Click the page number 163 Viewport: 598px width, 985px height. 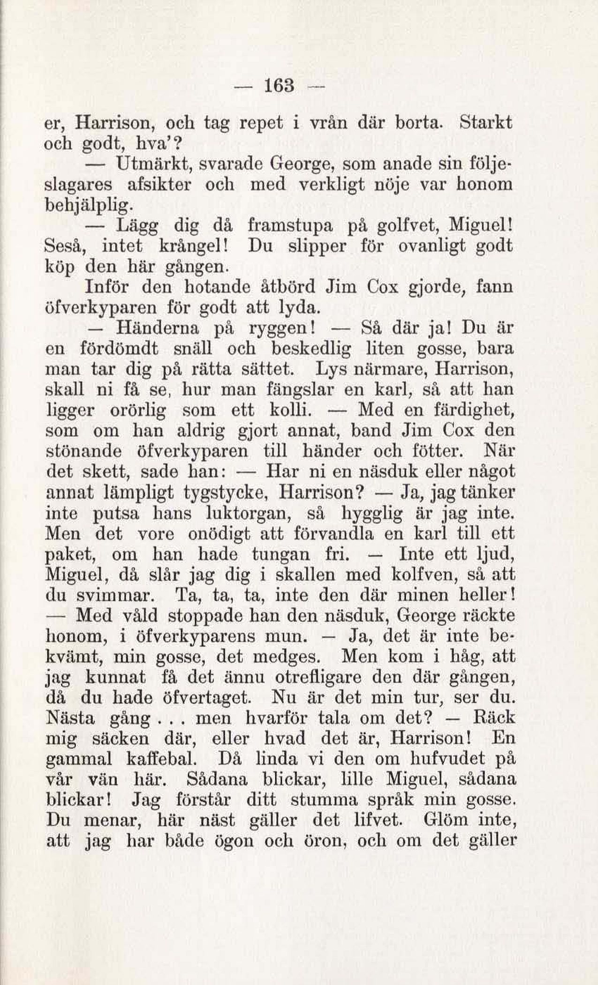point(280,85)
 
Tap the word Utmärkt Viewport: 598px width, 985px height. point(151,164)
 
